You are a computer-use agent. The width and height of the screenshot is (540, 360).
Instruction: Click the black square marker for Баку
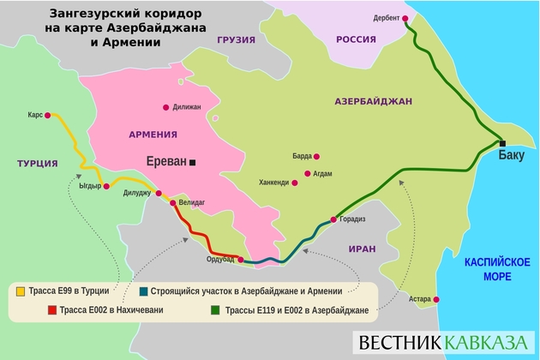tap(503, 142)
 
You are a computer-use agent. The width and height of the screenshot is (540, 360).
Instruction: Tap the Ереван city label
tap(160, 162)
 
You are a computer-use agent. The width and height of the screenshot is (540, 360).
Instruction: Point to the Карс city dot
tap(48, 115)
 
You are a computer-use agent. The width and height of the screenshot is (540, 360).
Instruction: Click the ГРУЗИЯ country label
tap(237, 41)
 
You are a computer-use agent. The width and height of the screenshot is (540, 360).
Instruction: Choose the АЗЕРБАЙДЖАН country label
tap(373, 101)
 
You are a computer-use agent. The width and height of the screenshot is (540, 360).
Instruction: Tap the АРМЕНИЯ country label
tap(153, 135)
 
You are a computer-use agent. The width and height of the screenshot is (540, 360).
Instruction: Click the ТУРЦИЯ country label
tap(37, 163)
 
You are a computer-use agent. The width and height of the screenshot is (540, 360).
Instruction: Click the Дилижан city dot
tap(165, 107)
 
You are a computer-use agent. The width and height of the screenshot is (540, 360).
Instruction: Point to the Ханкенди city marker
tap(296, 183)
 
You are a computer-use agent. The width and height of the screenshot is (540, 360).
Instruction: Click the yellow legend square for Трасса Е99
tap(20, 291)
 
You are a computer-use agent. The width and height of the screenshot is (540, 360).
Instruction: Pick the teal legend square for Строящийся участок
tap(142, 291)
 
